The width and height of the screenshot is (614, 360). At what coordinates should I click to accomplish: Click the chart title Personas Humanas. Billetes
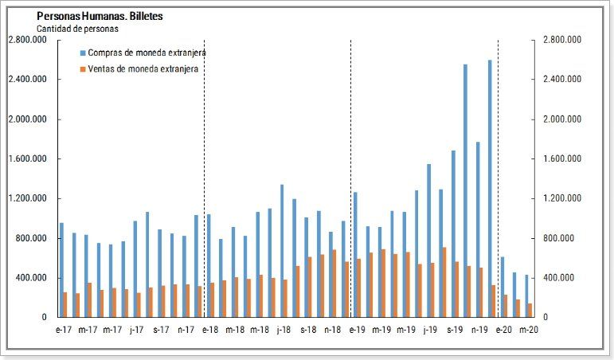pos(101,16)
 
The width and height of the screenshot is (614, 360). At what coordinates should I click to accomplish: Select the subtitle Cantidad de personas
pos(77,28)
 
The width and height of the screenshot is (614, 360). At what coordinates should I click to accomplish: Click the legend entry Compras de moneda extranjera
pos(147,53)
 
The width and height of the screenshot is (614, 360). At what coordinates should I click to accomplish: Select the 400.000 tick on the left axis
pos(29,278)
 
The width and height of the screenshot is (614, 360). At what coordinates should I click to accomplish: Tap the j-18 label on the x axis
pos(283,329)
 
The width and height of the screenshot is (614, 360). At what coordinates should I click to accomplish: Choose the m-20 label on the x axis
pos(528,329)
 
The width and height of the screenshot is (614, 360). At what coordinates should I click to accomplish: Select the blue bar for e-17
pos(61,270)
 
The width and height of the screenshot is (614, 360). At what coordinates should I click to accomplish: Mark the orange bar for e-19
pos(359,288)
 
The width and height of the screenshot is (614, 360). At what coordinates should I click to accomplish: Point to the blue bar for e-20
pos(502,287)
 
